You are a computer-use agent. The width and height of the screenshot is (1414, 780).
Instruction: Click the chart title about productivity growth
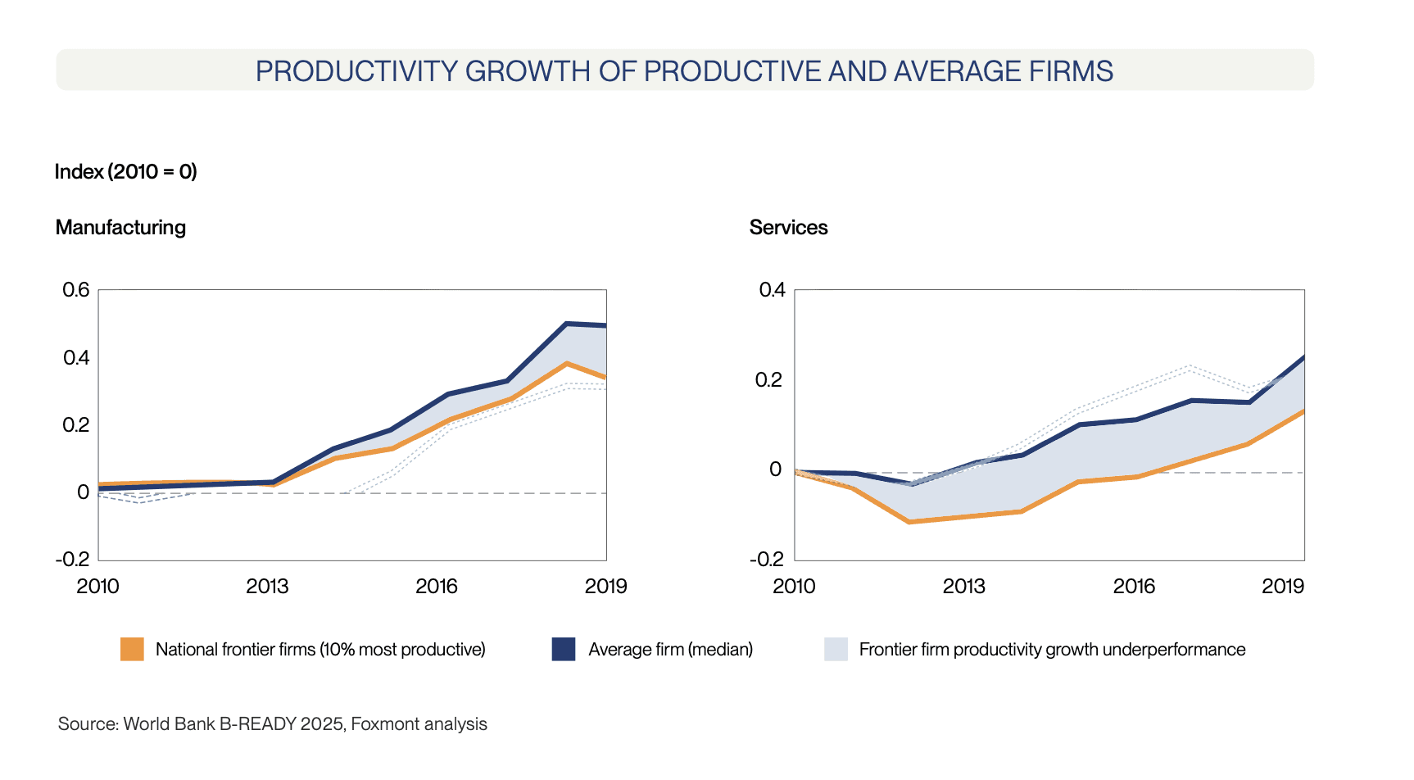click(684, 71)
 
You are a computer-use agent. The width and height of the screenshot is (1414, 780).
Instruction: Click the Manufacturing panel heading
click(120, 227)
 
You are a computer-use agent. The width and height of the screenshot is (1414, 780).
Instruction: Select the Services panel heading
click(788, 227)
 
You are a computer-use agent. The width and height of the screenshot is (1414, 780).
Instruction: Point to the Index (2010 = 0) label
click(125, 171)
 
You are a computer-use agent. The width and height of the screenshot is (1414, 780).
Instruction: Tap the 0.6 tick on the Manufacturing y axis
click(76, 290)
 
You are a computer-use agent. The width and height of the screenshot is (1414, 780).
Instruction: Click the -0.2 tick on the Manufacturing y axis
click(72, 560)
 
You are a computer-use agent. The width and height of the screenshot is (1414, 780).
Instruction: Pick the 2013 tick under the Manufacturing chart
click(267, 586)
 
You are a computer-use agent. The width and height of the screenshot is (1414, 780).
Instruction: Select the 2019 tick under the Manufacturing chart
click(605, 586)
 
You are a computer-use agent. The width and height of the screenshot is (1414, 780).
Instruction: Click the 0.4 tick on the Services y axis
click(772, 290)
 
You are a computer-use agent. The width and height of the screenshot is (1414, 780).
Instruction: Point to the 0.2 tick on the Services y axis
click(770, 380)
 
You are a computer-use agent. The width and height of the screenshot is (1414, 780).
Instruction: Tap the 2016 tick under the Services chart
click(1134, 586)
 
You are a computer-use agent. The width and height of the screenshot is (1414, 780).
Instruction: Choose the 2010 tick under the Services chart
click(794, 586)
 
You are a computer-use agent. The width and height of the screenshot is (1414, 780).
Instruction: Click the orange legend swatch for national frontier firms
click(132, 649)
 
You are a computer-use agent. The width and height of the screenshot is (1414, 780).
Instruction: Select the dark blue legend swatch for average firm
click(564, 649)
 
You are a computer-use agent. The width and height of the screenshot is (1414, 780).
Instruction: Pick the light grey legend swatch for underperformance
click(836, 649)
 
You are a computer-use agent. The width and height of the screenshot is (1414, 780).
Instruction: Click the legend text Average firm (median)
click(670, 650)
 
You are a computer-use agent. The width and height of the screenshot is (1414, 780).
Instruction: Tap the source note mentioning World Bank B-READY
click(272, 724)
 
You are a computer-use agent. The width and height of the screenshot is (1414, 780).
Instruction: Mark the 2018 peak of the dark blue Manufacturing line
click(566, 324)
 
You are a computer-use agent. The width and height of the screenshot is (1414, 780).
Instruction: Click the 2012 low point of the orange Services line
click(910, 522)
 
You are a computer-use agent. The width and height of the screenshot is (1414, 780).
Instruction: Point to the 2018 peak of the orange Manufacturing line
click(566, 363)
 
